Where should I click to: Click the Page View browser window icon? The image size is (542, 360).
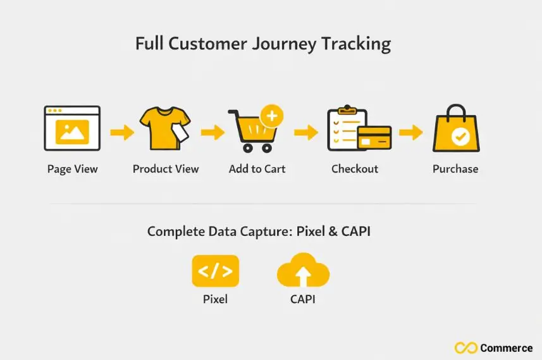(x=72, y=128)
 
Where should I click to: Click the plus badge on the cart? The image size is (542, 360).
(x=272, y=117)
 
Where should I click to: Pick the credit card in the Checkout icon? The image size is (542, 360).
(x=374, y=136)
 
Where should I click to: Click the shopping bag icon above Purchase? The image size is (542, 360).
(x=455, y=130)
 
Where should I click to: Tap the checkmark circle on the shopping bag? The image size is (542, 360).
(x=460, y=139)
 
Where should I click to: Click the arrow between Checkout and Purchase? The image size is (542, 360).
(x=410, y=132)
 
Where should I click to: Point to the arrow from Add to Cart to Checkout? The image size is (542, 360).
(x=305, y=132)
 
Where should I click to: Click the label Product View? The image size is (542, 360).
(x=166, y=169)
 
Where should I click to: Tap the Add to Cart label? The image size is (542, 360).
(x=257, y=169)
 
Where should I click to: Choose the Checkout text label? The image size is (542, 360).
(x=355, y=169)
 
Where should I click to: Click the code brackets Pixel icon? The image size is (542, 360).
(x=215, y=271)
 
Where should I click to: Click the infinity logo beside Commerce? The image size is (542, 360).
(x=465, y=348)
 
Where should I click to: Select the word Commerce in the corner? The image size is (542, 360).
(x=506, y=348)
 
